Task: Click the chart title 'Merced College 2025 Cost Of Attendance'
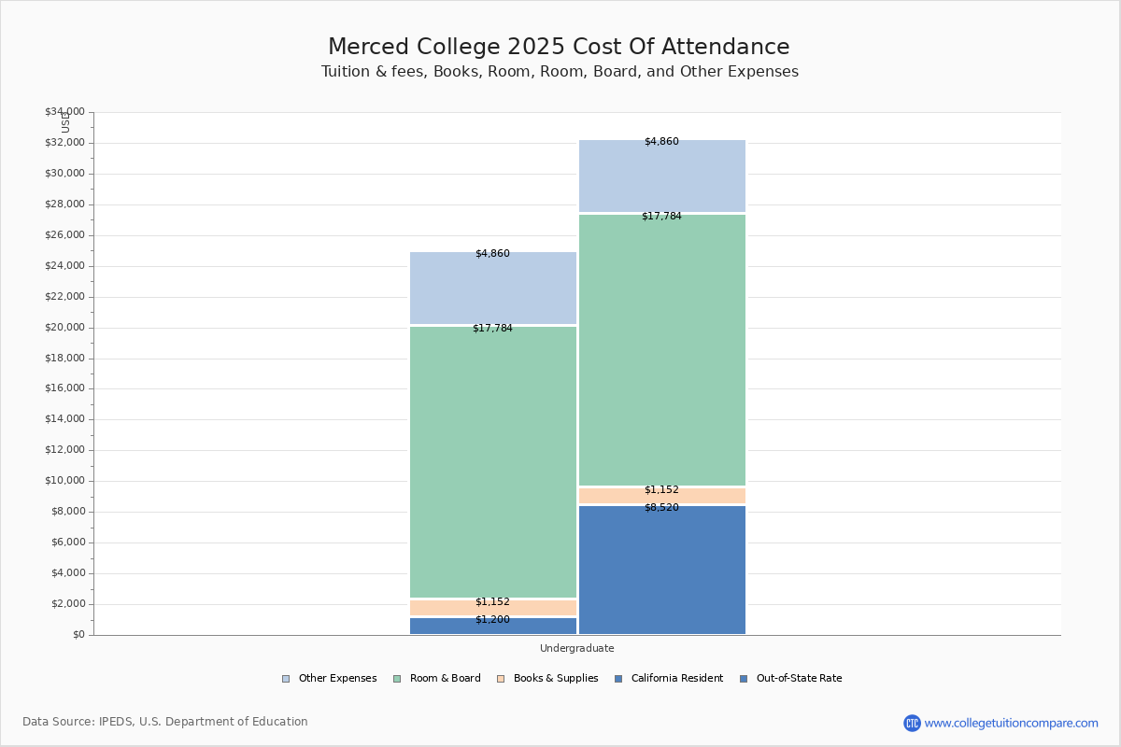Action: coord(559,48)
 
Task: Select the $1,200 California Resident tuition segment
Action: coord(493,627)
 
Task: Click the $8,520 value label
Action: coord(661,508)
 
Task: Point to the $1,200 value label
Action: coord(492,620)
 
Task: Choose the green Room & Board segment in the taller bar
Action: coord(661,350)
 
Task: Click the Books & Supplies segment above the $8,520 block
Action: coord(661,496)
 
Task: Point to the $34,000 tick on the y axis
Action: coord(64,112)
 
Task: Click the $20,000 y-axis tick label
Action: coord(64,328)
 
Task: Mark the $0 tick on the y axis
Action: coord(78,635)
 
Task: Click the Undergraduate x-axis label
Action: coord(576,648)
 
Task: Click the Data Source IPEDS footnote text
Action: coord(165,722)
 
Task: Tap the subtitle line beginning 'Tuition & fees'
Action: coord(560,72)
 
